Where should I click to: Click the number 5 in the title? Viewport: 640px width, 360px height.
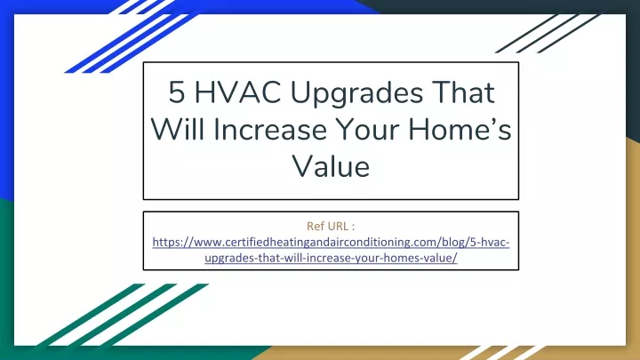click(176, 92)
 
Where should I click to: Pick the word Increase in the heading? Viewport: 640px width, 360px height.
click(270, 130)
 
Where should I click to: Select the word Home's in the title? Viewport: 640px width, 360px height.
click(460, 129)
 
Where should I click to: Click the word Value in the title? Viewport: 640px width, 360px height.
click(331, 166)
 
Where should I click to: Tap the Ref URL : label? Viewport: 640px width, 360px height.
click(331, 226)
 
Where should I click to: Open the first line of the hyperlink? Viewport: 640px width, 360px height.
click(331, 242)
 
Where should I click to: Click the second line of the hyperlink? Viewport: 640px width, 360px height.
click(331, 258)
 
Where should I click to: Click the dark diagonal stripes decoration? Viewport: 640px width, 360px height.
click(548, 34)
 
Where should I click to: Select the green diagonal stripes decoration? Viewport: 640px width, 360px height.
click(123, 315)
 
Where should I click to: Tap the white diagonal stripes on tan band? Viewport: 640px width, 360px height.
click(502, 353)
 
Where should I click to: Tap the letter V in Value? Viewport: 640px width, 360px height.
click(302, 166)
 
